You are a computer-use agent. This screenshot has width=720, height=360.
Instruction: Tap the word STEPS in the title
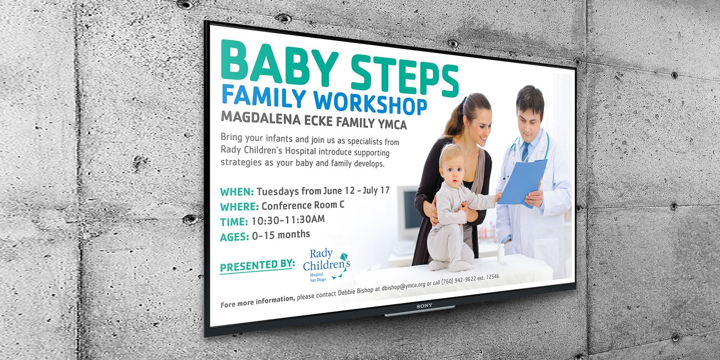coord(405,76)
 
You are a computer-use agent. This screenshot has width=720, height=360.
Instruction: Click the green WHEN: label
coord(237,192)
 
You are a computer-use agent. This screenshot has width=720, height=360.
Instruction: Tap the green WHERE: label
coord(239,207)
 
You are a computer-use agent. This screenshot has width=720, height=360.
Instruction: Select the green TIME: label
coord(234,222)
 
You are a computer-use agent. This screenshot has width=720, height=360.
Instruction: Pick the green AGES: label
coord(234,237)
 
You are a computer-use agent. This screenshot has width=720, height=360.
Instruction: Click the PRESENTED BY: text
coord(257,265)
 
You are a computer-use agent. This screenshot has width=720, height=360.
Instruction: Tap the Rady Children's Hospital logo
coord(326,265)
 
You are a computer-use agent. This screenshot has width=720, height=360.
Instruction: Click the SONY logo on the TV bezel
coord(424,306)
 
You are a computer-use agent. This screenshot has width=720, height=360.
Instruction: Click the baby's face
coord(452,175)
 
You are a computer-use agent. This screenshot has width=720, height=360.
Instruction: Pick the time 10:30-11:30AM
coord(288,220)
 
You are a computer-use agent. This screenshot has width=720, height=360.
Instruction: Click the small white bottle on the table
coord(500,252)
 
